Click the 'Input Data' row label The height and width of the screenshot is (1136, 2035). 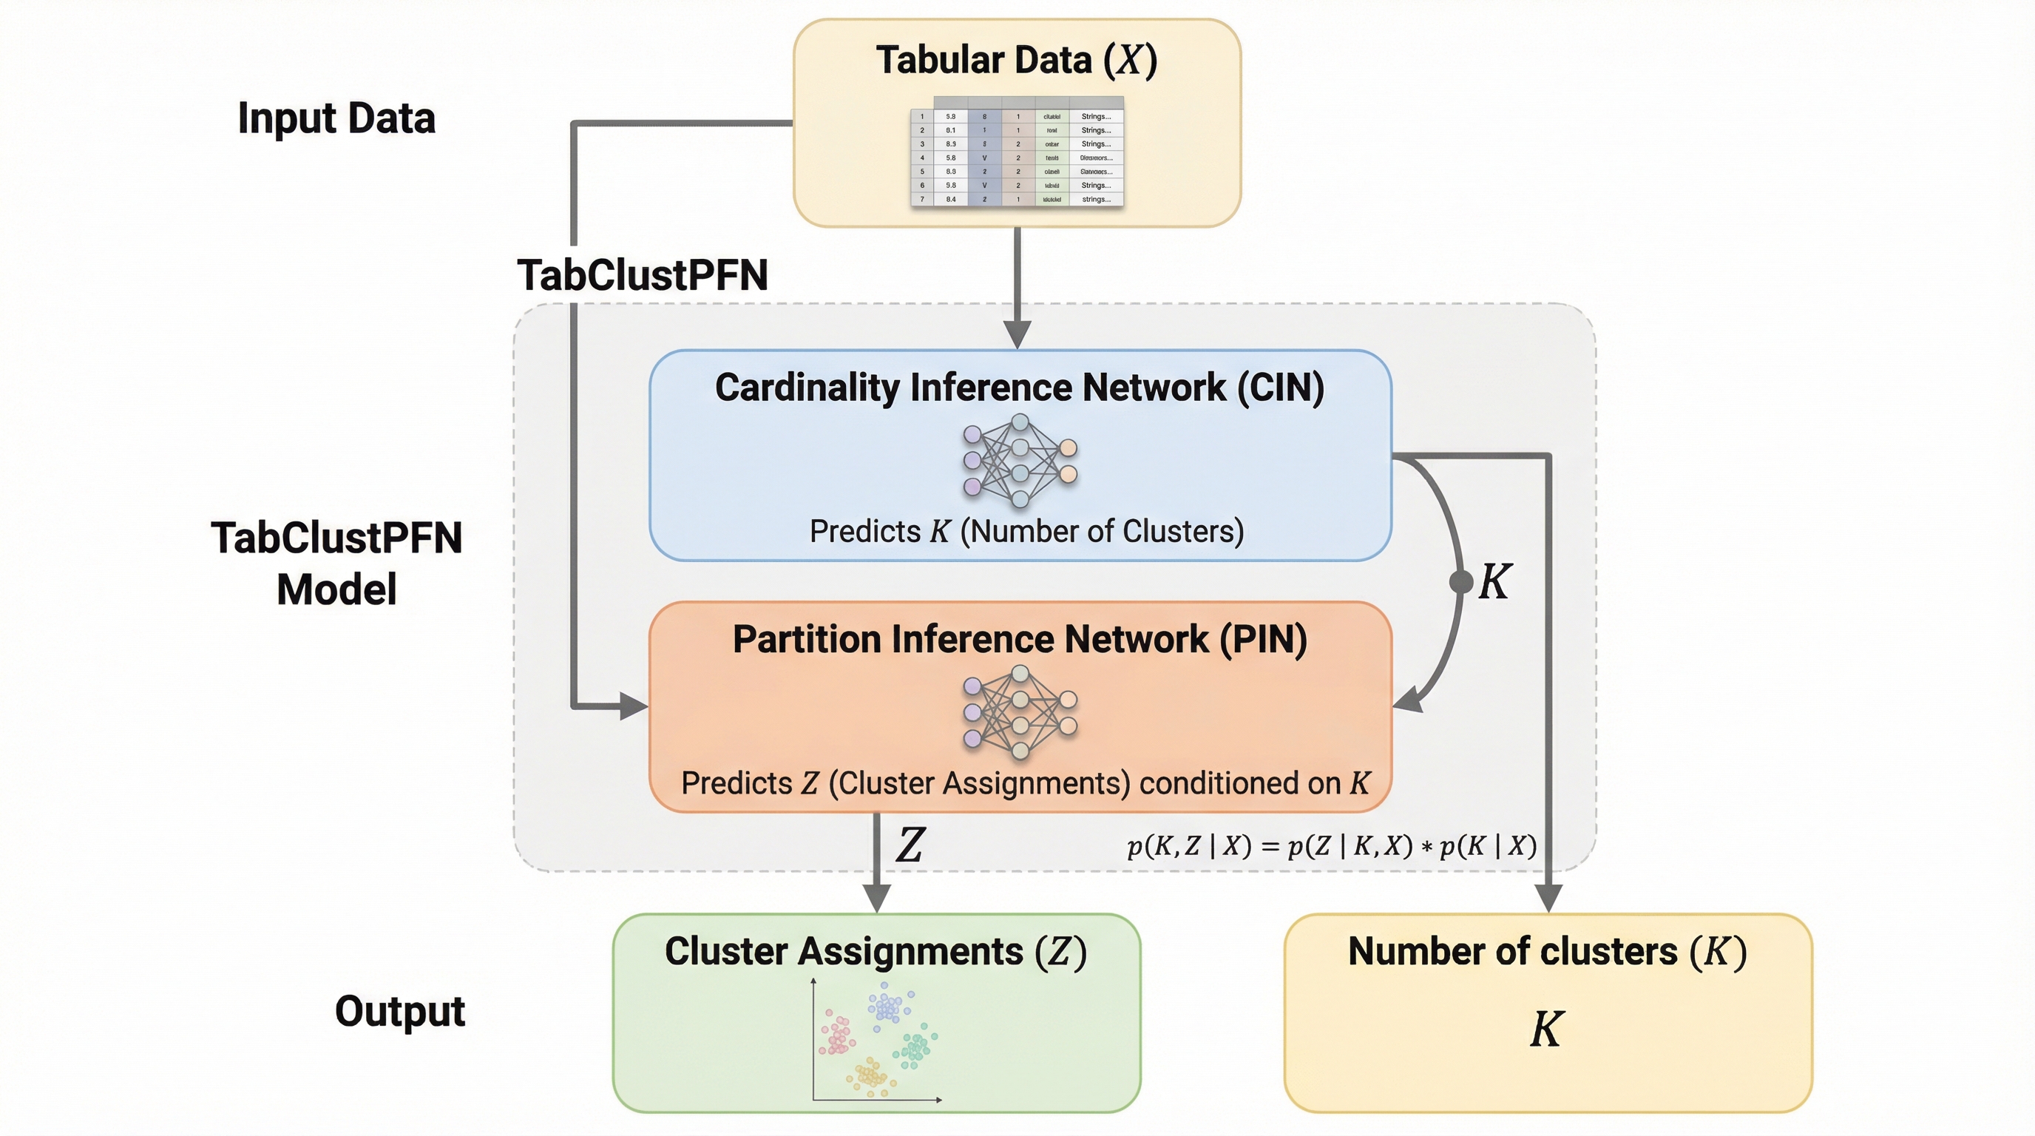tap(336, 118)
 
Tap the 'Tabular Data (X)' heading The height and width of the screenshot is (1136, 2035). tap(1017, 60)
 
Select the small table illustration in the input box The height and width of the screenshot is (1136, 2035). tap(1017, 152)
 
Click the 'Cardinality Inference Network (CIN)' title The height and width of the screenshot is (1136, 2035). tap(1019, 387)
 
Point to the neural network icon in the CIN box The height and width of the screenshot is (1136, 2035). tap(1019, 461)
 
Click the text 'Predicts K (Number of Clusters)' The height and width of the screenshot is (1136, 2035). tap(1026, 531)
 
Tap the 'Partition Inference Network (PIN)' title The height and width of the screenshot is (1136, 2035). tap(1019, 639)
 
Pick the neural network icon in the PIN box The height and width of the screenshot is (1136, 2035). tap(1019, 711)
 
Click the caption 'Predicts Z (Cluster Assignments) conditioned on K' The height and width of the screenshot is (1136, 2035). tap(1025, 783)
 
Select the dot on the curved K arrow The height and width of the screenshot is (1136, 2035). tap(1461, 582)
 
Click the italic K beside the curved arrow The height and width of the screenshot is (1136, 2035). tap(1494, 582)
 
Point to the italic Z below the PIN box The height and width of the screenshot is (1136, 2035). tap(910, 845)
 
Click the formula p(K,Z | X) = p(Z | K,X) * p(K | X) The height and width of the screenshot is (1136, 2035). tap(1331, 846)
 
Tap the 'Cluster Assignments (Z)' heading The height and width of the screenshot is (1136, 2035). tap(876, 951)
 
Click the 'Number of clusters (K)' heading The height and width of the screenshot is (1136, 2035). tap(1547, 951)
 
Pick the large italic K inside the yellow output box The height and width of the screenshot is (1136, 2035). tap(1546, 1029)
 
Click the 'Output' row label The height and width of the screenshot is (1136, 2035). tap(400, 1011)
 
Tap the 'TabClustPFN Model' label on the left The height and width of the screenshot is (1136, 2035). tap(336, 564)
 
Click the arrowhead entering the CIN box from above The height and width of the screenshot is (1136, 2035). tap(1017, 335)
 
